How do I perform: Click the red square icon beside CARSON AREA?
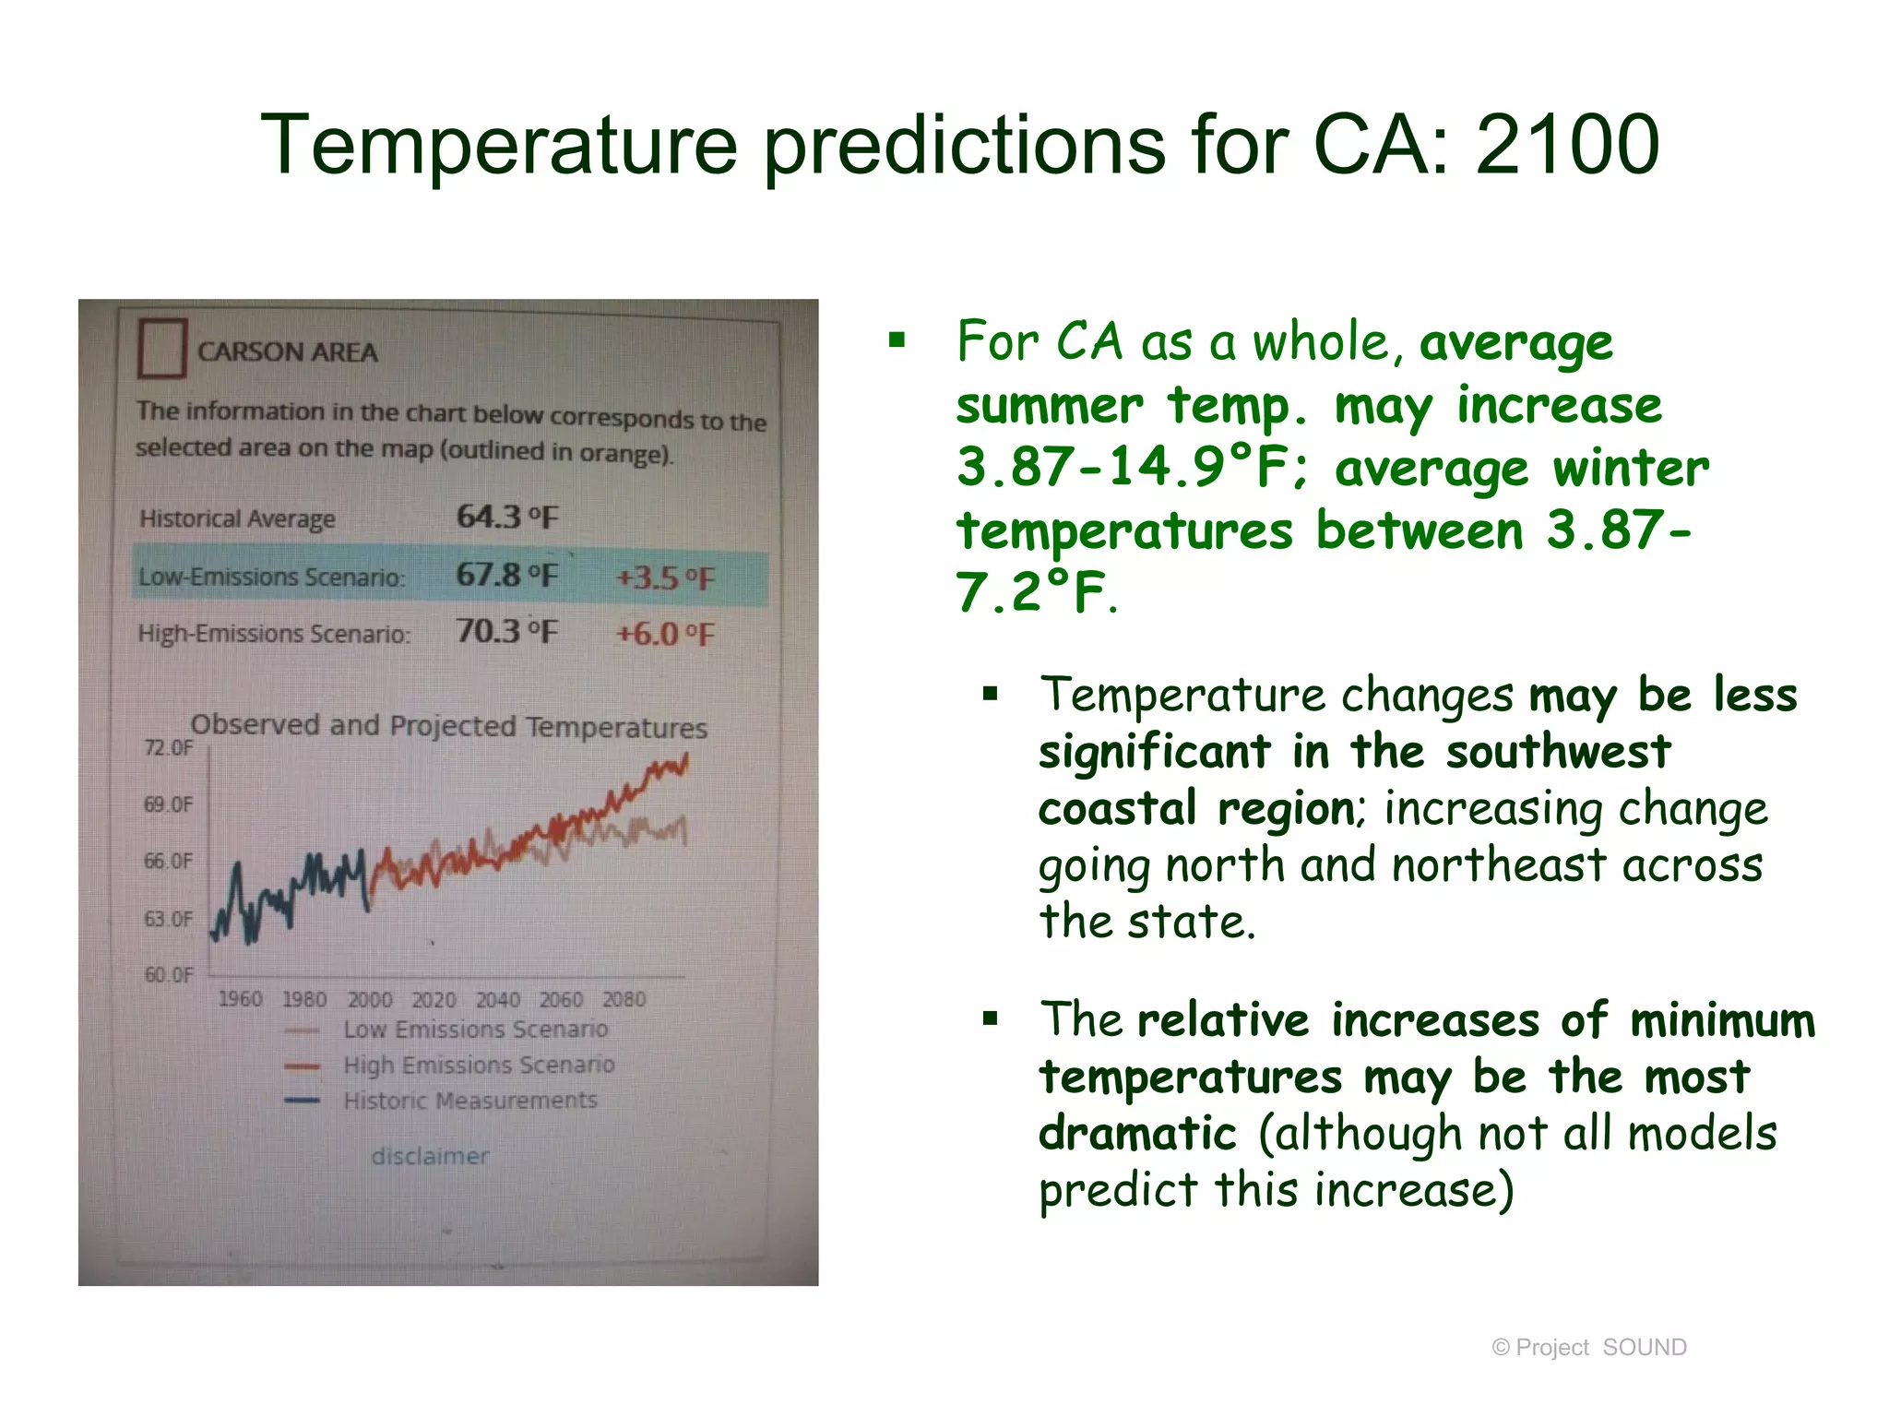coord(162,348)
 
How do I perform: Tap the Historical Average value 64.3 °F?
coord(507,517)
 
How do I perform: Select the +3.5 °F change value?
coord(665,578)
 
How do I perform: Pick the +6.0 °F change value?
coord(665,634)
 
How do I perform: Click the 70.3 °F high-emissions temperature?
coord(507,632)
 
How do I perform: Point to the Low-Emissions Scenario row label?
coord(271,577)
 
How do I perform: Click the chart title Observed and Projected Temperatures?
coord(448,726)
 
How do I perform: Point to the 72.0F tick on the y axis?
coord(168,747)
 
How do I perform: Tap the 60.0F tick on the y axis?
coord(168,974)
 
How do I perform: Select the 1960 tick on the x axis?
coord(240,999)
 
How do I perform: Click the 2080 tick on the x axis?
coord(624,999)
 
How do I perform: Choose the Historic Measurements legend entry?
coord(469,1101)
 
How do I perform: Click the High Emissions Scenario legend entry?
coord(478,1065)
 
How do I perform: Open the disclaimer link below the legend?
coord(430,1156)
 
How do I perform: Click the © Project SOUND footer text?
coord(1589,1348)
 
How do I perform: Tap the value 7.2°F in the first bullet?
coord(1030,592)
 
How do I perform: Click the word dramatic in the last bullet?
coord(1136,1133)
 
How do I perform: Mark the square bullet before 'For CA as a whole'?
coord(897,341)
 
